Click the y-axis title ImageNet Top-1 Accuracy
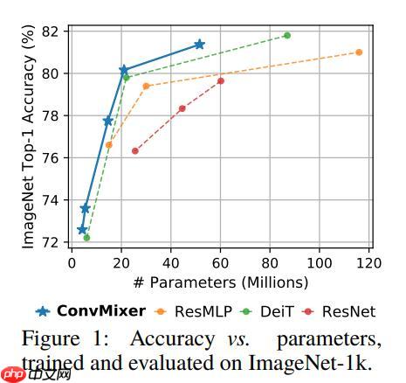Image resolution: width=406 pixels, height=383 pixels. (28, 136)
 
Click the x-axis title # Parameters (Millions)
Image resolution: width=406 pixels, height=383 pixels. (221, 282)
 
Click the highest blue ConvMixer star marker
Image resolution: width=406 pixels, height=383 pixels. (199, 44)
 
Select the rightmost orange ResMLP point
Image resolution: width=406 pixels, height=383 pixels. (359, 52)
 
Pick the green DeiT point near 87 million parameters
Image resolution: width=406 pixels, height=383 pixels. (287, 36)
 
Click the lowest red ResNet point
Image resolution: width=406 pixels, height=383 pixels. (134, 151)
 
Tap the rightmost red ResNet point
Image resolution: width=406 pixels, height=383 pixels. (221, 81)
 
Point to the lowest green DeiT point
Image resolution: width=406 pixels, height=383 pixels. (86, 237)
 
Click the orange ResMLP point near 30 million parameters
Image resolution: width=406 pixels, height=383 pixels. (146, 86)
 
